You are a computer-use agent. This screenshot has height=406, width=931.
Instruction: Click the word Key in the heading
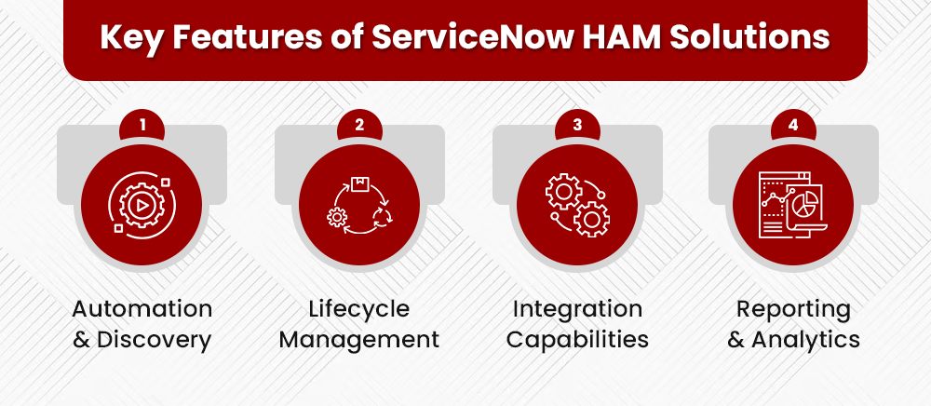pos(130,39)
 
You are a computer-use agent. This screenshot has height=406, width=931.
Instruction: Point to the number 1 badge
pos(142,124)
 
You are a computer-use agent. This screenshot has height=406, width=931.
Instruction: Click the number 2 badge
pos(359,124)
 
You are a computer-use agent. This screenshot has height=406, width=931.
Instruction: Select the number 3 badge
pos(576,124)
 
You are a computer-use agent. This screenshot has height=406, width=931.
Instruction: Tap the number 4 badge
pos(793,124)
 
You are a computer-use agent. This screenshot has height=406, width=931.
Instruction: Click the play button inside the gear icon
pos(142,206)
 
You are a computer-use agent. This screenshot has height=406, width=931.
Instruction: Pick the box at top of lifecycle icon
pos(359,183)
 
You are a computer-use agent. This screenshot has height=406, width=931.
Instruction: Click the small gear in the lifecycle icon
pos(337,218)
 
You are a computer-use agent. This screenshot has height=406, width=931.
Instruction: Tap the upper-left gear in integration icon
pos(562,191)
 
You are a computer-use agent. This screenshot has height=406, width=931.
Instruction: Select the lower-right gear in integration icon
pos(590,220)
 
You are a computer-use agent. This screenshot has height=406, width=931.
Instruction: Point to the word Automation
pos(142,308)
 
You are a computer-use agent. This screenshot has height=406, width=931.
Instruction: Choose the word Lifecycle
pos(359,308)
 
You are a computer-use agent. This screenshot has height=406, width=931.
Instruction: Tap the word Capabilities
pos(576,340)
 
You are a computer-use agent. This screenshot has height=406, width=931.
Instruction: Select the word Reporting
pos(793,308)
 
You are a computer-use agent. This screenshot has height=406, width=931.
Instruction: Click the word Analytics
pos(806,340)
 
